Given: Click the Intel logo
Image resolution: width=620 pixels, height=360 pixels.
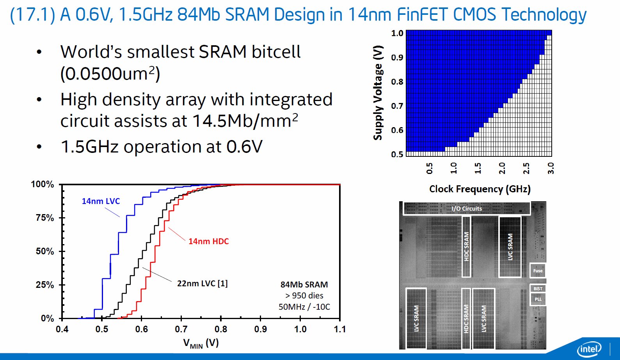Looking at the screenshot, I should click(x=590, y=348).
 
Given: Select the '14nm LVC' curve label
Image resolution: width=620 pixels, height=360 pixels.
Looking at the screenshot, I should click(x=101, y=201).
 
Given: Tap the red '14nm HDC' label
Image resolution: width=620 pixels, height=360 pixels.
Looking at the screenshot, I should click(x=208, y=241).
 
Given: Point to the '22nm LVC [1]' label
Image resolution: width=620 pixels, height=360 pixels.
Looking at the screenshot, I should click(x=202, y=284).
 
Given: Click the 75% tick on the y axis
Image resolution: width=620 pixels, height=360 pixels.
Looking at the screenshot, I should click(x=45, y=218).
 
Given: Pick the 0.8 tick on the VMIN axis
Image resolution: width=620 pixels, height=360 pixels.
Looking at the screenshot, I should click(x=221, y=329).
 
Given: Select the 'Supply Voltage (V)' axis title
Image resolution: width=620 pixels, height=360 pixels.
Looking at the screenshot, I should click(x=378, y=93).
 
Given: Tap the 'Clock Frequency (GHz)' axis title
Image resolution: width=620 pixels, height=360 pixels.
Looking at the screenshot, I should click(x=480, y=189).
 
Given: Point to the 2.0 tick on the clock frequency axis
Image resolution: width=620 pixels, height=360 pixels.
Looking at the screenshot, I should click(x=502, y=168).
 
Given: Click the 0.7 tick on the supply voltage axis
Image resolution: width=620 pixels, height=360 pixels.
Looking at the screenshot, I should click(x=397, y=106).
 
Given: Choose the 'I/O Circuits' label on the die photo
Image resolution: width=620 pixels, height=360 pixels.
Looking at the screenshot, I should click(x=467, y=209).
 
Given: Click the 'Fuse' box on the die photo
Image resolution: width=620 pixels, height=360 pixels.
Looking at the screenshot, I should click(x=538, y=270).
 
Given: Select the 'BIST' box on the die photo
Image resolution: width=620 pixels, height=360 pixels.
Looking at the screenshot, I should click(x=538, y=289).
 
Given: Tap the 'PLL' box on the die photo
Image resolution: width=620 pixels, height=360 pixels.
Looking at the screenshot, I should click(x=538, y=299).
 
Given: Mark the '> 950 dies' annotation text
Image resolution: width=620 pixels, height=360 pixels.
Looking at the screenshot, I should click(x=304, y=296).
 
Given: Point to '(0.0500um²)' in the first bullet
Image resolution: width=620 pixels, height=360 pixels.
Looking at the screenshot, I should click(x=110, y=74).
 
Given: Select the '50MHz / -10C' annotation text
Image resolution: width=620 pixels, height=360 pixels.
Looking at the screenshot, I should click(x=304, y=307).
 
